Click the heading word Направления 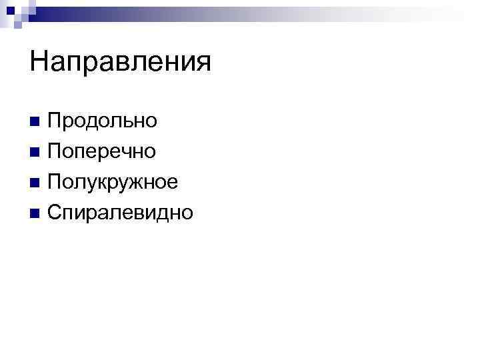click(x=120, y=63)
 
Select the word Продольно click(x=102, y=121)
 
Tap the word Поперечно click(x=102, y=151)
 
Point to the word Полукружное click(x=113, y=182)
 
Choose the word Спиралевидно click(x=120, y=213)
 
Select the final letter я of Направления click(x=203, y=65)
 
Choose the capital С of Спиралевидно click(x=55, y=213)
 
